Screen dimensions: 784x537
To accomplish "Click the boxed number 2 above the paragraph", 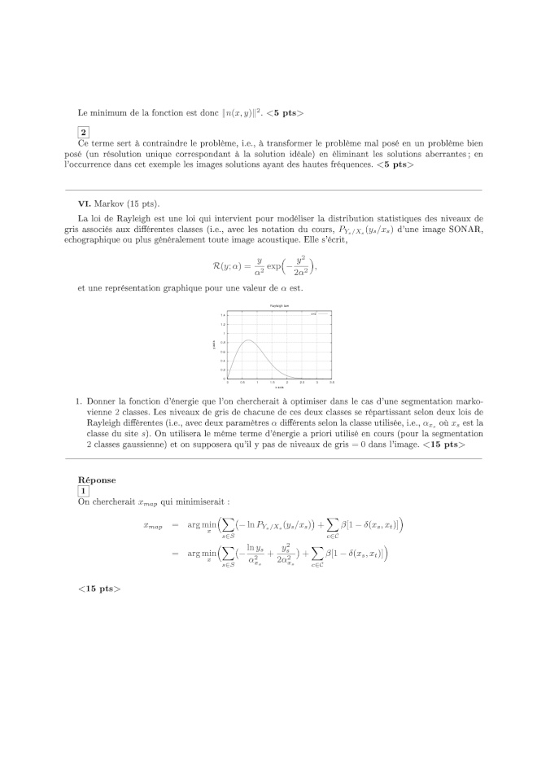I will click(x=83, y=132).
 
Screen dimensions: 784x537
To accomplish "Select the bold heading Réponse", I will click(x=96, y=480).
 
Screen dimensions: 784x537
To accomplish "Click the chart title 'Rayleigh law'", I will click(x=270, y=305).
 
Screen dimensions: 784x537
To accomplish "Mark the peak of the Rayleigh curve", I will click(x=248, y=340).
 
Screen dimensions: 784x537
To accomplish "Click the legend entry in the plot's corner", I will click(x=317, y=313).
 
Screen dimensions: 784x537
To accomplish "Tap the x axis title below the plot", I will click(x=278, y=387).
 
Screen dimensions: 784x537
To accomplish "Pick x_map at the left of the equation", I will click(x=152, y=527).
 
